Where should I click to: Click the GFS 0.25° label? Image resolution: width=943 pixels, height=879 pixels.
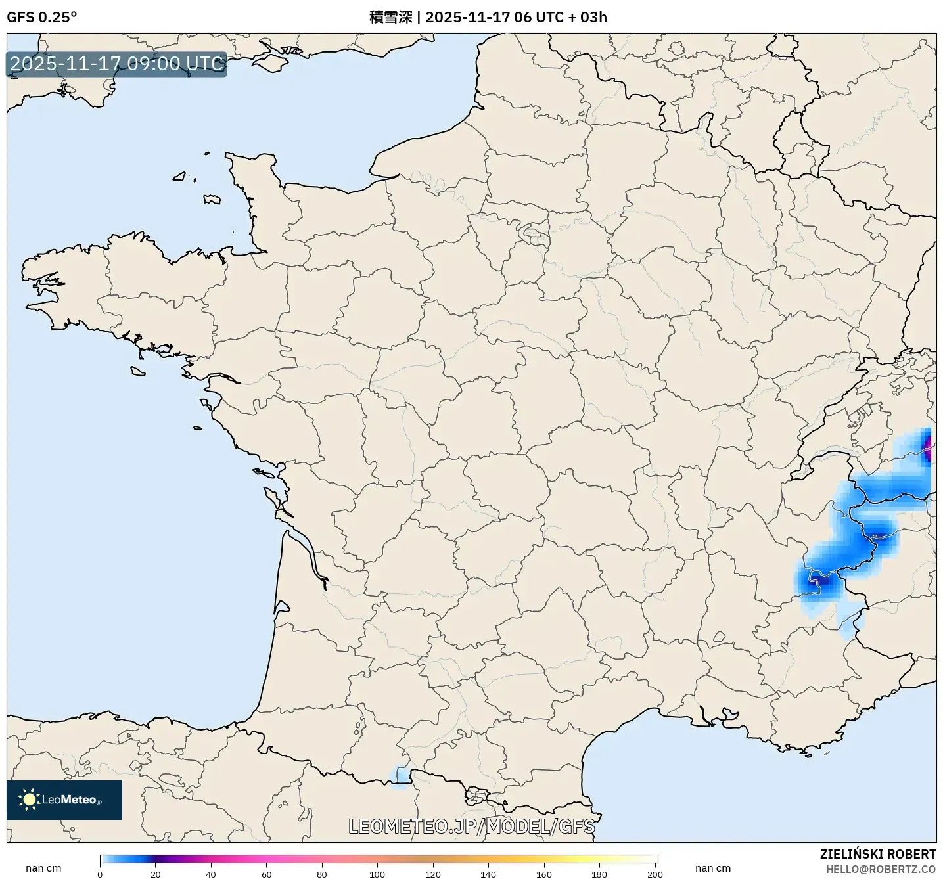(41, 17)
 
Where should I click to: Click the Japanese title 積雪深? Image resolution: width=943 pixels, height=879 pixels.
(390, 17)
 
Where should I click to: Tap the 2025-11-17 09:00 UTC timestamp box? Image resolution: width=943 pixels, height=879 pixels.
(117, 64)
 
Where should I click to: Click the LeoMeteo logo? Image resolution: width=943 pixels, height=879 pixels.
(64, 800)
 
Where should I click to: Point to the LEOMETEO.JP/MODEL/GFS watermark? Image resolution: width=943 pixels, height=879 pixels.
(471, 826)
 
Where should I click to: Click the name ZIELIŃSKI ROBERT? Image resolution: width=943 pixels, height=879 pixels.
(877, 854)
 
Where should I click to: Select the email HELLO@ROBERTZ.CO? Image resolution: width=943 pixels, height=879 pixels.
(881, 869)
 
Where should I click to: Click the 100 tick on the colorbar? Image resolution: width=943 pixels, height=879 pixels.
(377, 874)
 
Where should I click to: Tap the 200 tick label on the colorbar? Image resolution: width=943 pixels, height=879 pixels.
(655, 874)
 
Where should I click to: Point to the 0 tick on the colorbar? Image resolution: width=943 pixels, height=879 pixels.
(100, 874)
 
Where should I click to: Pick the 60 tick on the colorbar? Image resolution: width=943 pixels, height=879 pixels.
(266, 874)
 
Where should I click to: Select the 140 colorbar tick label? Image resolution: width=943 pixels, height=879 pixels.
(488, 874)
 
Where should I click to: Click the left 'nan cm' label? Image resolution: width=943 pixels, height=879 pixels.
(43, 868)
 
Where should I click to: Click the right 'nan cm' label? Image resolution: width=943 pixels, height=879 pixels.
(713, 868)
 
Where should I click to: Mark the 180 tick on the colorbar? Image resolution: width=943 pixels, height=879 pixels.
(599, 874)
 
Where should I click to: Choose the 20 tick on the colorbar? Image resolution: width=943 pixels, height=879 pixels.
(155, 874)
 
